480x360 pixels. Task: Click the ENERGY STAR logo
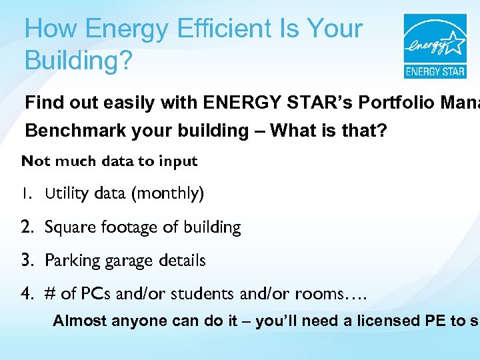point(434,45)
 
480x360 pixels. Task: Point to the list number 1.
point(27,194)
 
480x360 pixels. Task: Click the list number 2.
point(27,227)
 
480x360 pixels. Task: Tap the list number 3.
point(27,261)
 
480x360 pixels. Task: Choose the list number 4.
point(27,294)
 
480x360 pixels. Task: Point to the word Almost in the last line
point(79,321)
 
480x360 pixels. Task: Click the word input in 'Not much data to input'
point(179,162)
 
